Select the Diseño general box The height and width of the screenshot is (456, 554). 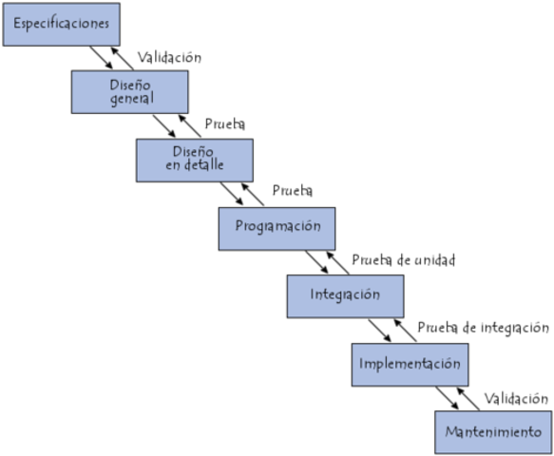(x=129, y=91)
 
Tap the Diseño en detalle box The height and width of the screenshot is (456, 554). (x=194, y=160)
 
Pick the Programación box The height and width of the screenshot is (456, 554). (x=277, y=228)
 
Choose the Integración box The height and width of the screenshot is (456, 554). (x=345, y=295)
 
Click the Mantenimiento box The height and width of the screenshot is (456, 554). (x=492, y=433)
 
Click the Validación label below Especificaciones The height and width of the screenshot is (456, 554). (x=169, y=57)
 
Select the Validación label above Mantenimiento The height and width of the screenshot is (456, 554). (x=517, y=398)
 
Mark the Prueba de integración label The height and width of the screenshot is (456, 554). (x=483, y=329)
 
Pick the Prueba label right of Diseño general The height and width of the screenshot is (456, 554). (x=226, y=124)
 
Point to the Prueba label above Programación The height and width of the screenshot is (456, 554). (x=293, y=192)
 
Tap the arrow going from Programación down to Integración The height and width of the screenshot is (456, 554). (x=315, y=262)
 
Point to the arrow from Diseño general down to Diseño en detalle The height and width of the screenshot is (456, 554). (x=164, y=125)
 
